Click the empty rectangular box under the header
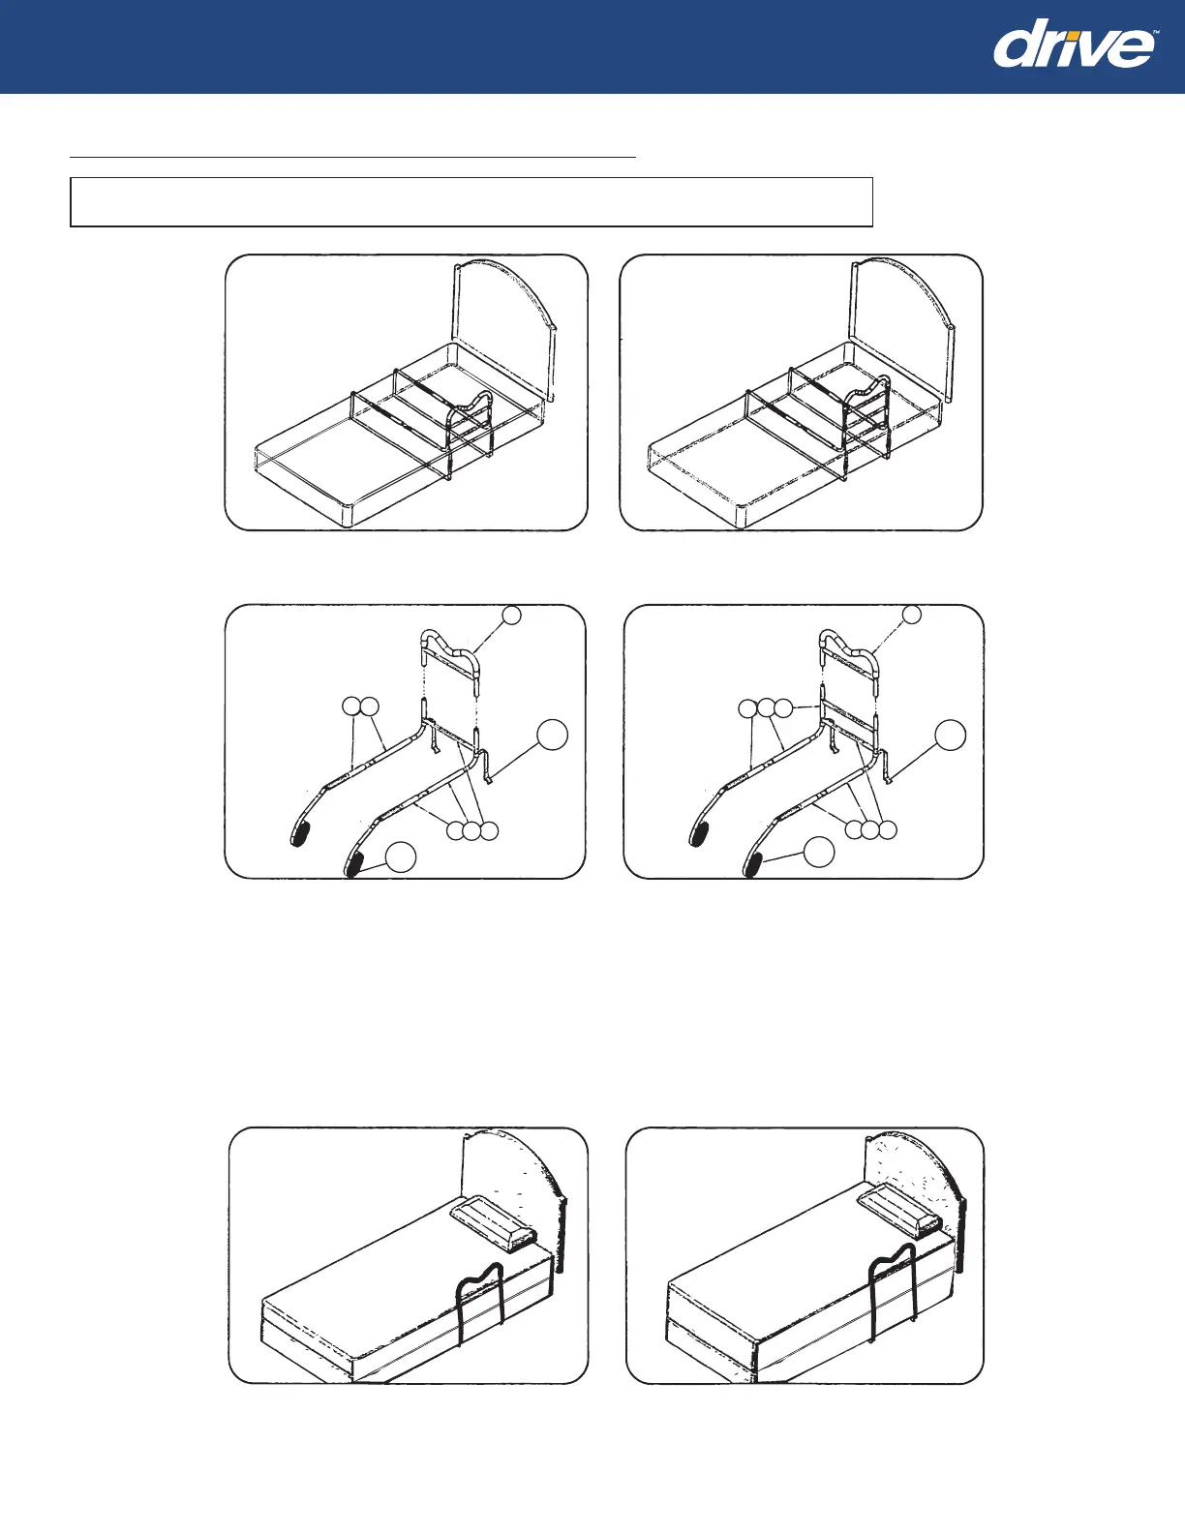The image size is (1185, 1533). point(471,201)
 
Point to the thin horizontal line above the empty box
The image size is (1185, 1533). point(353,155)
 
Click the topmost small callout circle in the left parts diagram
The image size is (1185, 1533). point(513,616)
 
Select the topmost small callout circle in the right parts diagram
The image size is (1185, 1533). point(911,615)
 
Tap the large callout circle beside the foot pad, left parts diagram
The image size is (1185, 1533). point(402,857)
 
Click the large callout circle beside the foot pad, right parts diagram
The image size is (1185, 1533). point(820,852)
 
